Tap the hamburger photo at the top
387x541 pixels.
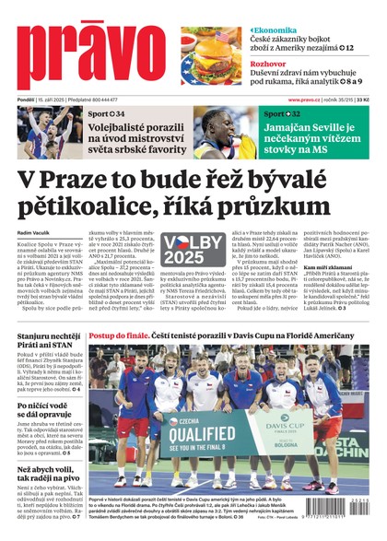click(212, 56)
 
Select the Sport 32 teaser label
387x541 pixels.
click(280, 113)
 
